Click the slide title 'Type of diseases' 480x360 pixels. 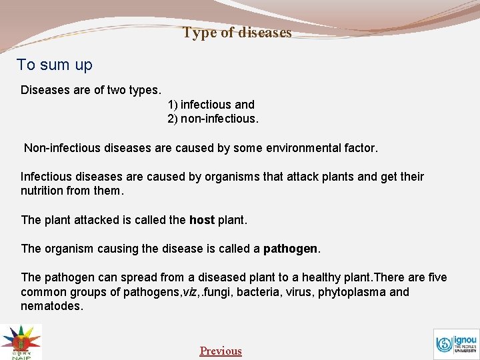pos(237,32)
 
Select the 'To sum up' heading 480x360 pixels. pos(55,65)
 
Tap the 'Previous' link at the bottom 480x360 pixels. pos(221,351)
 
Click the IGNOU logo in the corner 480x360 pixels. pos(456,344)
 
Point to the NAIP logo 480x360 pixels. pos(21,341)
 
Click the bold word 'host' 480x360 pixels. pos(202,219)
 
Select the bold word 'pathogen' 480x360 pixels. pos(291,249)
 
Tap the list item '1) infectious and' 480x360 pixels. pos(211,105)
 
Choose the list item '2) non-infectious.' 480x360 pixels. pos(213,119)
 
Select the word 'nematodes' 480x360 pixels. pos(51,306)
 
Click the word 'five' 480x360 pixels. pos(437,277)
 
